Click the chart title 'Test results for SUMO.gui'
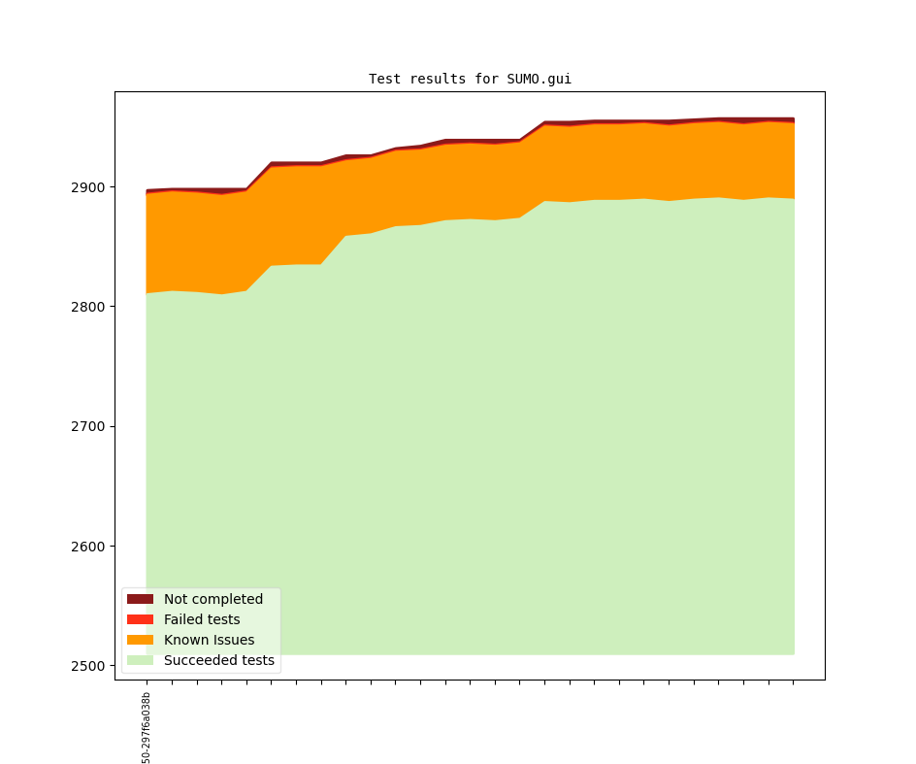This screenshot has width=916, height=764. tap(470, 79)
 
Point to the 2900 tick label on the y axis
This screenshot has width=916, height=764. tap(89, 187)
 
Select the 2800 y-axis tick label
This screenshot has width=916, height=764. tap(89, 307)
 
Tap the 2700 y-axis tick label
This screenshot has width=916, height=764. tap(89, 426)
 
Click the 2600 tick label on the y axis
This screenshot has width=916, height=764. tap(89, 547)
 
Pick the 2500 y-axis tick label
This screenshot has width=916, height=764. tap(89, 666)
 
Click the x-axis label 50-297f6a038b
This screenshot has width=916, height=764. tap(147, 728)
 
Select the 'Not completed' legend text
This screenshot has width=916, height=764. tap(213, 599)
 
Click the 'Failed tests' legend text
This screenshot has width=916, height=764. tap(202, 619)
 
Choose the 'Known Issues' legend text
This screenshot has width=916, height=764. tap(209, 640)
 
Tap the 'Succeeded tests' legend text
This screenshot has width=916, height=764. tap(219, 660)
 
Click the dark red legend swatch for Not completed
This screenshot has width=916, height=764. tap(140, 599)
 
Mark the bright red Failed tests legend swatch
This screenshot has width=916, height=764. tap(140, 619)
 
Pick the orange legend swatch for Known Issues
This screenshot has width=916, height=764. tap(140, 640)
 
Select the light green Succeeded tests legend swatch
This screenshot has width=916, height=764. tap(140, 660)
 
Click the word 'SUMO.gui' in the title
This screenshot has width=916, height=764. tap(539, 79)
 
